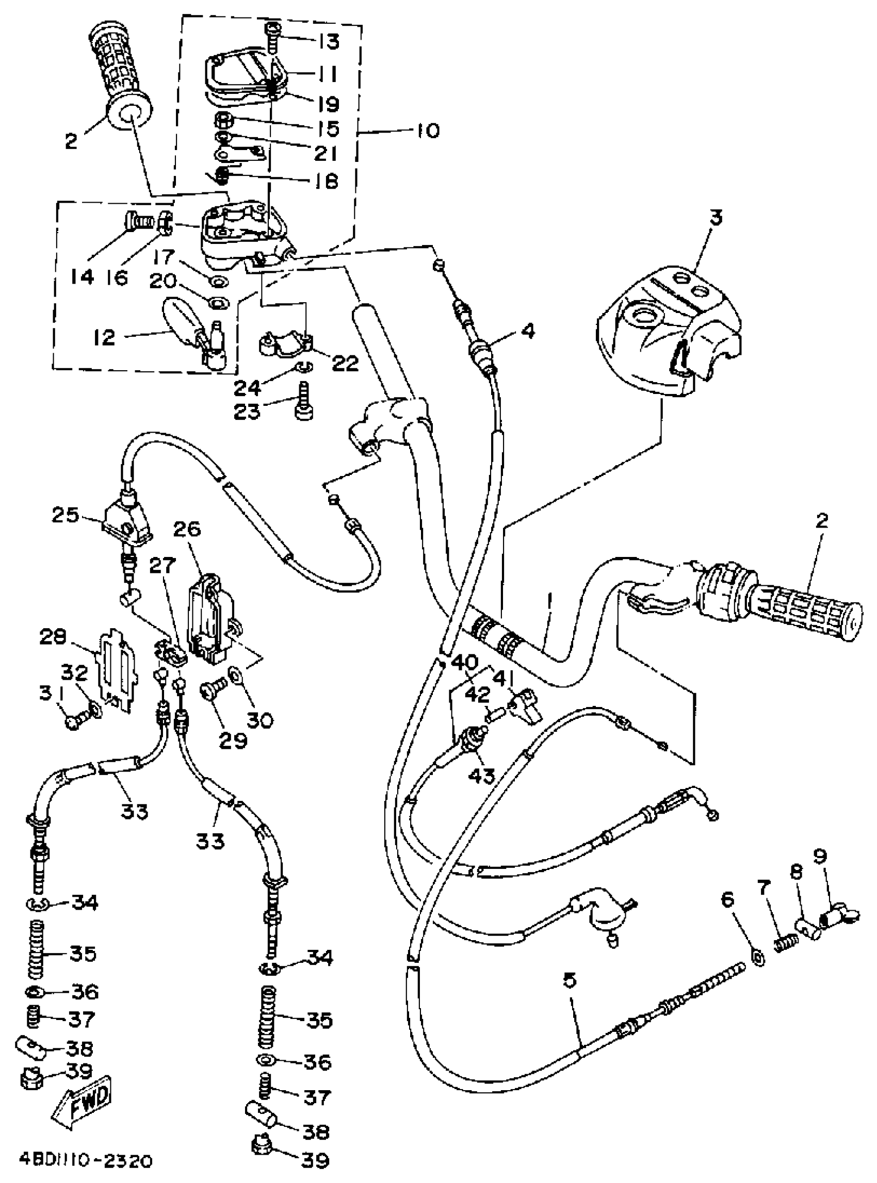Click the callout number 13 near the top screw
tap(329, 41)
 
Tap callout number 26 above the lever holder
tap(187, 530)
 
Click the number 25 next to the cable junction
tap(65, 515)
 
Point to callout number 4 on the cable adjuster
tap(527, 332)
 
